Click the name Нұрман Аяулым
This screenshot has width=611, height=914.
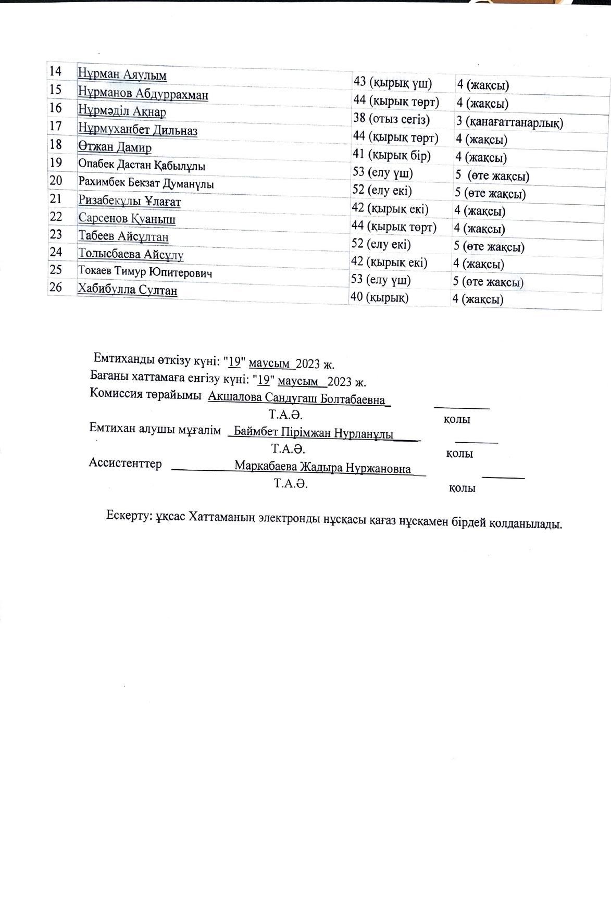click(122, 74)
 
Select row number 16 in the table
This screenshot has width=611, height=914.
click(56, 108)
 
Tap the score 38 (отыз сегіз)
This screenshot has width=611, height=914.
click(392, 119)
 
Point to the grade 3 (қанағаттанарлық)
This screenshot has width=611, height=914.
click(509, 123)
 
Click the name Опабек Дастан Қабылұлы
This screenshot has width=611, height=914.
click(142, 166)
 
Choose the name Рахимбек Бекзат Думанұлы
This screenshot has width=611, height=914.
click(146, 183)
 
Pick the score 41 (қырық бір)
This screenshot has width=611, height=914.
click(392, 155)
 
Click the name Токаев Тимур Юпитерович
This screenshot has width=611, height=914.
click(145, 272)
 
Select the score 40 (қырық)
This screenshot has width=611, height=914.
click(380, 297)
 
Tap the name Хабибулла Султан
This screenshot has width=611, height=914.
click(127, 289)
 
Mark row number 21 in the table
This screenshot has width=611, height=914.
click(56, 199)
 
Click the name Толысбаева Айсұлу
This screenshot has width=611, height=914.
click(131, 255)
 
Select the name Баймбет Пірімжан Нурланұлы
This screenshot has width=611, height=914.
click(314, 433)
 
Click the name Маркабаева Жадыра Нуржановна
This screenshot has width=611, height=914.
click(322, 468)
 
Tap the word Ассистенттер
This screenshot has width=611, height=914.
click(125, 464)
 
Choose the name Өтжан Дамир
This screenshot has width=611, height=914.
click(115, 147)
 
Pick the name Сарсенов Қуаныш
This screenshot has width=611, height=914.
click(127, 219)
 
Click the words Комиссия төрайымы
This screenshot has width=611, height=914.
click(146, 394)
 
